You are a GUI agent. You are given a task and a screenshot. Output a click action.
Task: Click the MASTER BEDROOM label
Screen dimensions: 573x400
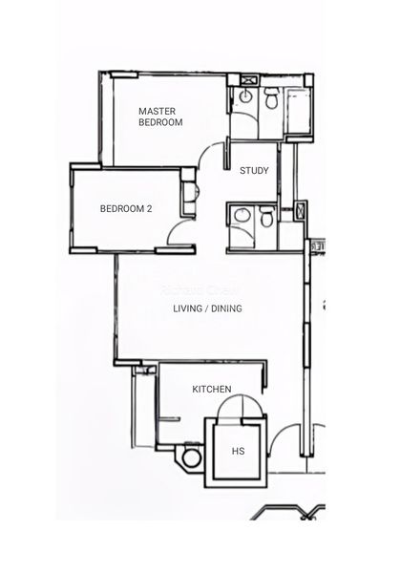tap(159, 117)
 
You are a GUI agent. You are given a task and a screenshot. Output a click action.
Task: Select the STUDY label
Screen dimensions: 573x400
tap(254, 171)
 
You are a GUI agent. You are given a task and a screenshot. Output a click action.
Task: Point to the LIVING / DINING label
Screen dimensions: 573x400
tap(207, 308)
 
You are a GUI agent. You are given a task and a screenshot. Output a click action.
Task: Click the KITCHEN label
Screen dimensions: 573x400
tap(212, 389)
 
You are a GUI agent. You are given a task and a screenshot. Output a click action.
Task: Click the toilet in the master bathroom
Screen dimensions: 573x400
tap(271, 98)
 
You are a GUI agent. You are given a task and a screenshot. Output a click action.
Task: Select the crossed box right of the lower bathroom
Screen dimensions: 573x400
tap(303, 210)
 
